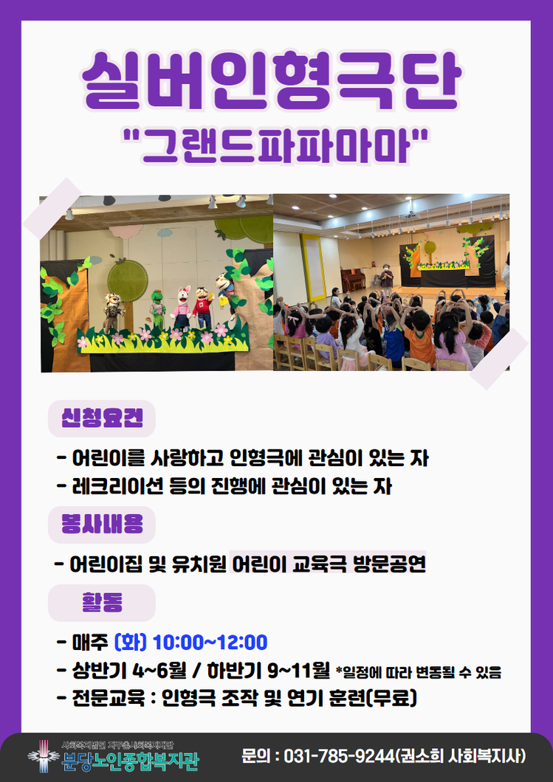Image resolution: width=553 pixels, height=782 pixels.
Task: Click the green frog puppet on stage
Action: pos(158,309)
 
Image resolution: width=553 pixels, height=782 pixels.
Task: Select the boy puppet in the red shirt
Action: pos(202,308)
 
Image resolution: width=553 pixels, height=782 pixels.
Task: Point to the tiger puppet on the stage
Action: pos(113,312)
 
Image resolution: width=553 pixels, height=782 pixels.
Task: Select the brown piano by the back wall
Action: pos(354,279)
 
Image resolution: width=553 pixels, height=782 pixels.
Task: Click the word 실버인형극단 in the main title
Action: pos(272,81)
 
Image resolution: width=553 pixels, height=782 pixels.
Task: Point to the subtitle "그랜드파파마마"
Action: pos(275,145)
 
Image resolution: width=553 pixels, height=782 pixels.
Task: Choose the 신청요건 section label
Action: pos(102,418)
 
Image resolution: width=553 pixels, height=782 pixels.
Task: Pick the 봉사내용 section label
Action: pos(102,524)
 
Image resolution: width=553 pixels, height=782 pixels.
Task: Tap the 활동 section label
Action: pos(102,602)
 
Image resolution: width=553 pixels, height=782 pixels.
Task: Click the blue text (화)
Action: pos(130,642)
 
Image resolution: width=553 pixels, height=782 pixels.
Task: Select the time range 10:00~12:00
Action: pos(210,643)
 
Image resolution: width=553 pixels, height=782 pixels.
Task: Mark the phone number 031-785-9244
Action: pos(340,756)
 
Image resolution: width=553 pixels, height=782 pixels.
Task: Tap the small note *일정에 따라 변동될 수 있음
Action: pos(419,672)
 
